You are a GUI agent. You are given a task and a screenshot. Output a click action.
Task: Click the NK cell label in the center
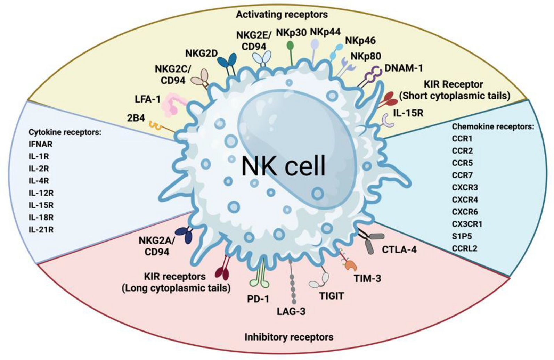(283, 166)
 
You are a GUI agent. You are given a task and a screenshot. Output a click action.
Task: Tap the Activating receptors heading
(282, 15)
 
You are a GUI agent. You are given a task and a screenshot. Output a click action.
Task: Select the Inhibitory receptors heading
(289, 337)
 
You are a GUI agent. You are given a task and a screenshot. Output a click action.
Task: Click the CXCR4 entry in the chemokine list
(465, 199)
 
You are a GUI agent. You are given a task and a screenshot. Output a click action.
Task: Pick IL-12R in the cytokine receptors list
(41, 193)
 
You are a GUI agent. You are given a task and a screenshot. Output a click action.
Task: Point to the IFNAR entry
(40, 144)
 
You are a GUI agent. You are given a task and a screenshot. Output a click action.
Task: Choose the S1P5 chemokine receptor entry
(462, 236)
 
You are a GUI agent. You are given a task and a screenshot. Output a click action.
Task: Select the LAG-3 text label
(291, 311)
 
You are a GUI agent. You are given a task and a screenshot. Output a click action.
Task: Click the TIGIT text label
(331, 296)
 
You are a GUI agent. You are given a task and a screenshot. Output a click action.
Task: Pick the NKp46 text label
(360, 41)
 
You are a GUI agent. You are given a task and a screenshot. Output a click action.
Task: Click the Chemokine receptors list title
(492, 127)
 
